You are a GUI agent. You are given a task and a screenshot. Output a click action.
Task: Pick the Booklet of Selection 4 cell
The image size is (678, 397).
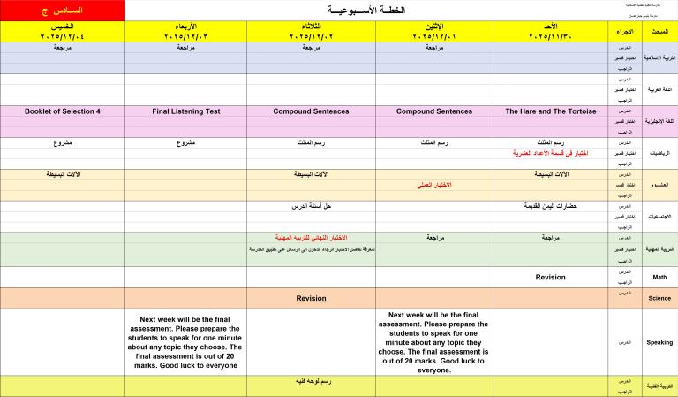(x=63, y=111)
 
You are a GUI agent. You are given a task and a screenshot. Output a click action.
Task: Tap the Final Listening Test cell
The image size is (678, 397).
(x=185, y=111)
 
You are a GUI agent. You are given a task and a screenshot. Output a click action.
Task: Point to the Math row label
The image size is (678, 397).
(x=659, y=277)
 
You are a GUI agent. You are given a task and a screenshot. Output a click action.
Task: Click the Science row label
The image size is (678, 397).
(x=659, y=298)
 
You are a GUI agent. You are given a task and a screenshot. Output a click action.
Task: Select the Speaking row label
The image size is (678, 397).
(x=659, y=341)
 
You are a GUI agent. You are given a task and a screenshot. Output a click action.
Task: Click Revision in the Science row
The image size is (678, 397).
(x=311, y=298)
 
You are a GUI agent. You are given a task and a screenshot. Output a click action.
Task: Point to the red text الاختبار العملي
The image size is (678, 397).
(x=433, y=185)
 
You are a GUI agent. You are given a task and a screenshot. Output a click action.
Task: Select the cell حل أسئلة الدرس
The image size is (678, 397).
(x=311, y=206)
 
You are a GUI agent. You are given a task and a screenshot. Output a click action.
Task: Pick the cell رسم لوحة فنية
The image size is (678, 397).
(x=311, y=381)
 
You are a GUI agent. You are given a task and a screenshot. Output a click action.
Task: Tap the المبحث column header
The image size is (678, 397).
(x=659, y=32)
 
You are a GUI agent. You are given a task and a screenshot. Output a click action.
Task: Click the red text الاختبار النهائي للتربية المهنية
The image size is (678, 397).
(x=311, y=239)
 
